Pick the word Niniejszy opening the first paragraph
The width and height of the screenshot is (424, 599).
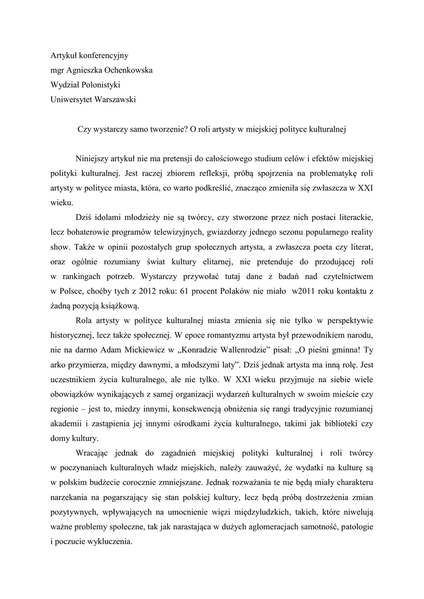[95, 159]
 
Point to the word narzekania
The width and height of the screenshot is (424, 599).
[73, 498]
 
